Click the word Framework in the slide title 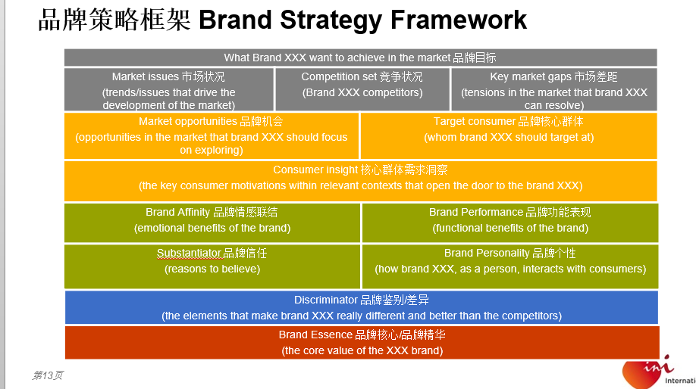click(x=459, y=20)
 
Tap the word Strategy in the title click(x=331, y=21)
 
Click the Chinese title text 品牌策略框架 click(x=114, y=20)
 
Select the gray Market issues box click(x=168, y=89)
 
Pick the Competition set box click(x=362, y=89)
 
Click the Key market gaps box click(x=554, y=89)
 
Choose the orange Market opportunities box click(x=212, y=136)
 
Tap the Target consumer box click(x=509, y=136)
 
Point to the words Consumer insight click(x=315, y=170)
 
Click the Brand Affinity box click(x=212, y=223)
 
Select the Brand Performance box click(x=510, y=223)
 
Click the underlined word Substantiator click(x=189, y=253)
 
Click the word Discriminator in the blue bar click(x=326, y=300)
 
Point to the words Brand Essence click(x=315, y=335)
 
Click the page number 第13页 click(x=47, y=375)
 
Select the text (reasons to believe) click(x=212, y=269)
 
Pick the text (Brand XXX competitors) click(x=362, y=92)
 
